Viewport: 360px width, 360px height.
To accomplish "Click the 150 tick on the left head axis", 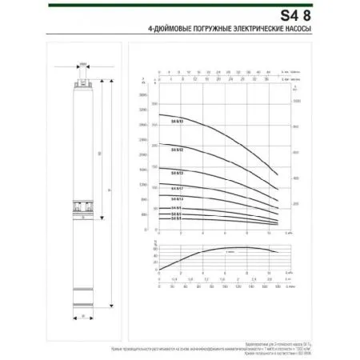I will [144, 170].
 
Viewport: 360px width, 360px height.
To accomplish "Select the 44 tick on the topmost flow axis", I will [271, 70].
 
